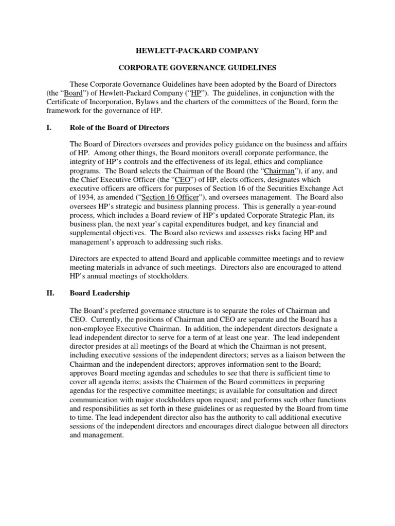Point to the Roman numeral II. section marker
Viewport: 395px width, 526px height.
(45, 293)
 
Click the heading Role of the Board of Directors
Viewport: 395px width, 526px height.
(119, 127)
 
